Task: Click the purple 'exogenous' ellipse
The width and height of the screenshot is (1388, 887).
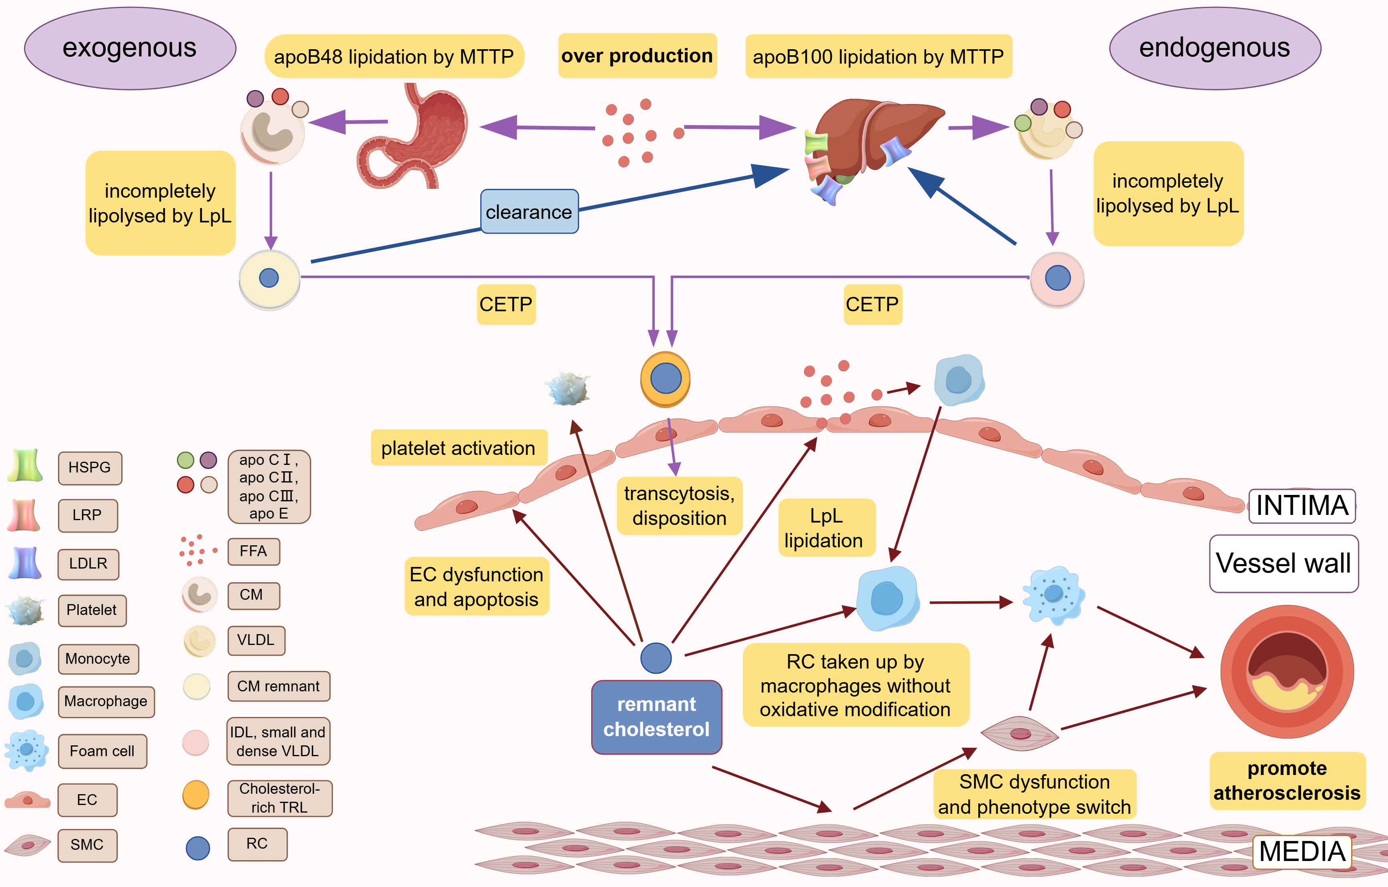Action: click(x=130, y=48)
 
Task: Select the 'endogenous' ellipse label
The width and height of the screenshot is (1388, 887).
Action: click(x=1214, y=48)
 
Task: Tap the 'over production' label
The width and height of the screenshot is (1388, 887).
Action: click(x=637, y=56)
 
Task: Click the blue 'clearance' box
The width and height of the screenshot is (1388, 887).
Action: click(x=529, y=212)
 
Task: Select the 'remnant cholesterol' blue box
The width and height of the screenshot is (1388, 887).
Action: click(x=656, y=717)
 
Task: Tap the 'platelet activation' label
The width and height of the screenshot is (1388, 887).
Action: click(x=458, y=448)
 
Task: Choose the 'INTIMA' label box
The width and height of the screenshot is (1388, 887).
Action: click(x=1302, y=505)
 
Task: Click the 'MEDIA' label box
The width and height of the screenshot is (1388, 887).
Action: click(x=1302, y=851)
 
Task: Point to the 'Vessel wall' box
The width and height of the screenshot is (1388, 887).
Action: click(x=1283, y=563)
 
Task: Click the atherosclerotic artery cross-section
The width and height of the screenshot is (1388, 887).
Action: click(x=1287, y=671)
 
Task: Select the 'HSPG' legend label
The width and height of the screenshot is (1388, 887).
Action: click(x=90, y=467)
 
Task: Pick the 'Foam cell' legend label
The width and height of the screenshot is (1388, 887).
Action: click(x=102, y=751)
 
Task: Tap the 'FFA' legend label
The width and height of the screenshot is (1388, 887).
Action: click(x=254, y=552)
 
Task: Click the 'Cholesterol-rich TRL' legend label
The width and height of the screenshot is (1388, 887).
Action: click(x=279, y=798)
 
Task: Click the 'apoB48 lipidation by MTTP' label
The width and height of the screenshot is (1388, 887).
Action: click(x=394, y=56)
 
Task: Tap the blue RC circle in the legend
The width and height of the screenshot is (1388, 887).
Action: click(x=198, y=848)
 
